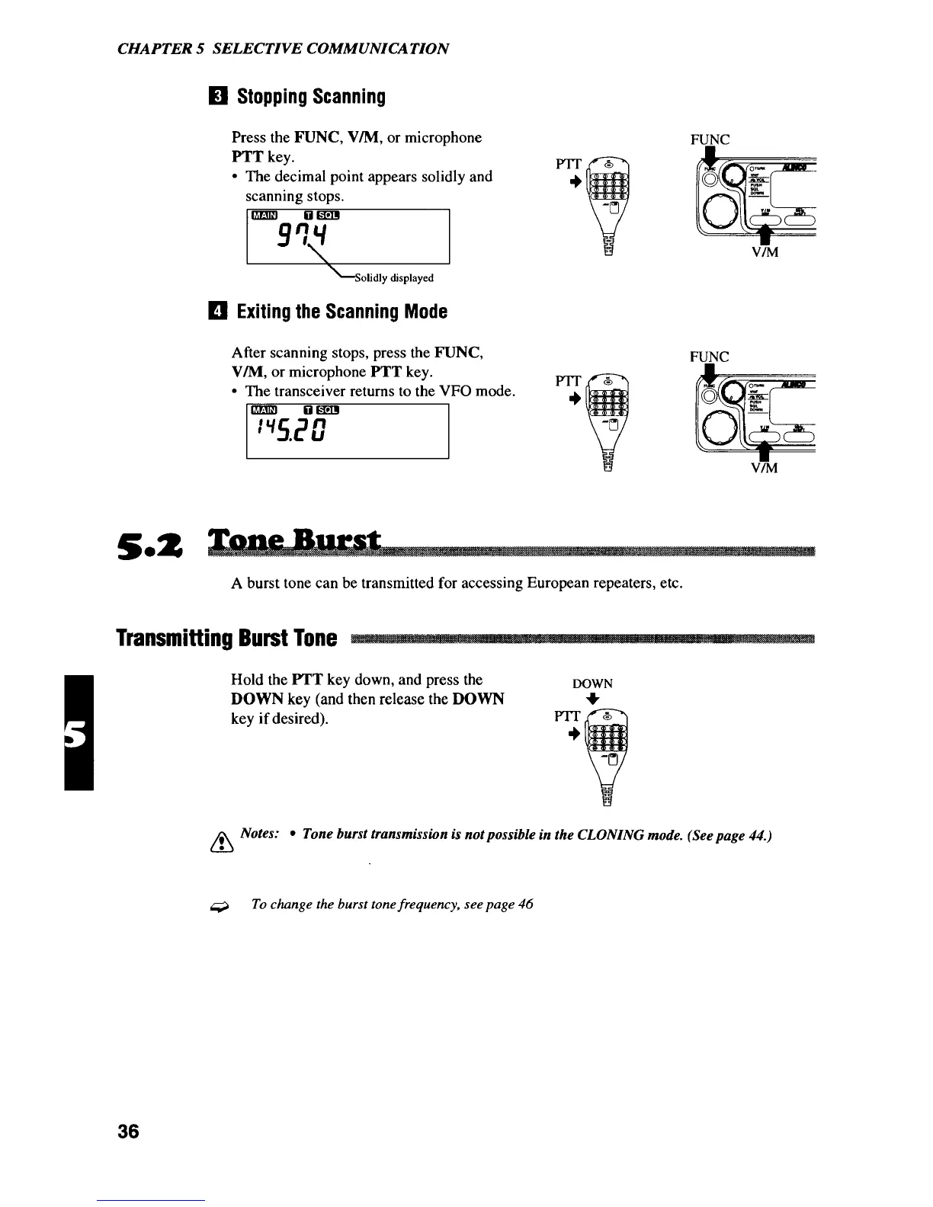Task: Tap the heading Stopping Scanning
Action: click(x=311, y=98)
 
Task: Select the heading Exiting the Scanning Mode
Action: click(x=341, y=312)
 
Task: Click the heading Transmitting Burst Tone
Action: click(x=227, y=638)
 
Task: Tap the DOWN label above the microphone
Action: click(x=592, y=684)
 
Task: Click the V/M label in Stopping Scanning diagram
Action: click(x=765, y=253)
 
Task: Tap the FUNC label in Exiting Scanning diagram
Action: click(x=709, y=357)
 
